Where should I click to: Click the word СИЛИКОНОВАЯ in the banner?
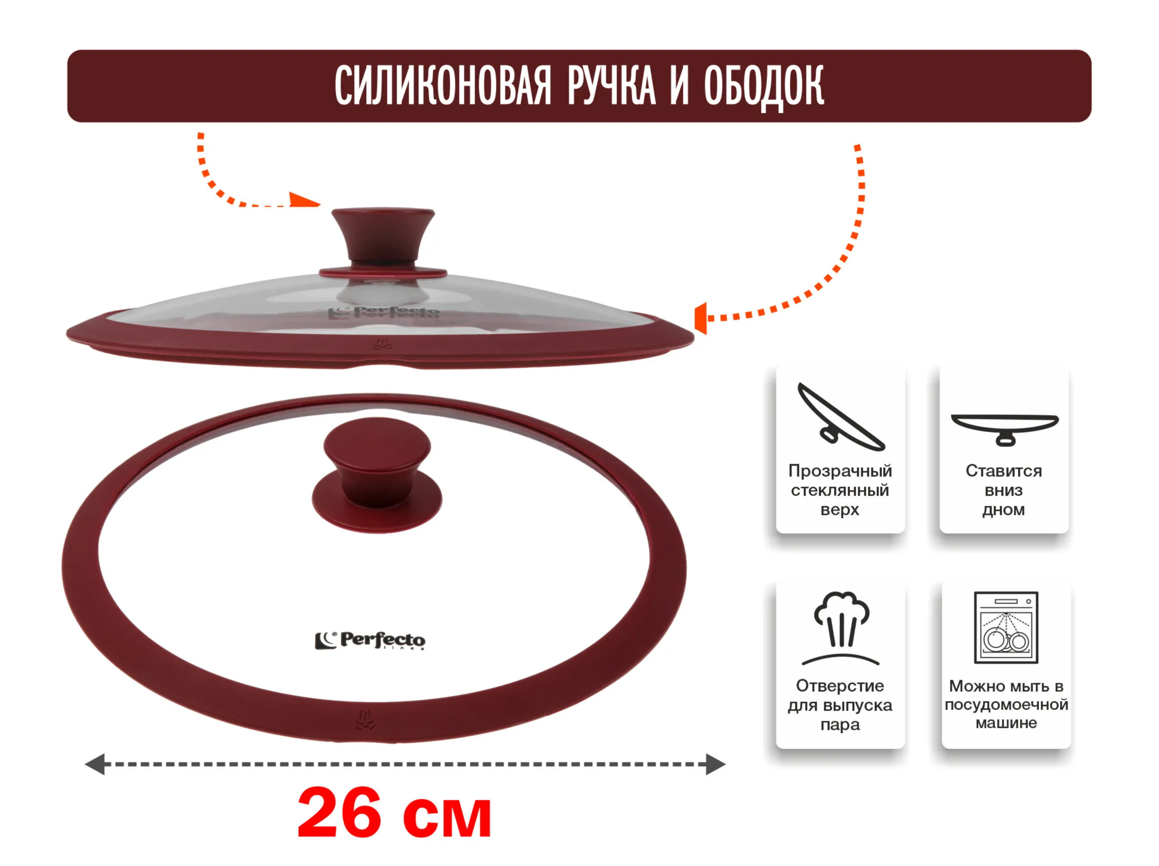point(443,86)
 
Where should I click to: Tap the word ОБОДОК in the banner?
point(764,87)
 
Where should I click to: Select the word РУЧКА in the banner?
point(612,86)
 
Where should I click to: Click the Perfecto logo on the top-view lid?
point(370,640)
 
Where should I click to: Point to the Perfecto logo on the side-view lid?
point(384,313)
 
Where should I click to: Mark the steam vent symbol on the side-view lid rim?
point(383,344)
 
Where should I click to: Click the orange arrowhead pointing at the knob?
point(305,200)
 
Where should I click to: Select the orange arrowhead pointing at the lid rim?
point(700,318)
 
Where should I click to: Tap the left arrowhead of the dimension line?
point(95,764)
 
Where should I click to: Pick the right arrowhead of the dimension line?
point(716,764)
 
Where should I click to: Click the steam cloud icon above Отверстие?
point(841,628)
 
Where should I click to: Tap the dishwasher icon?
point(1006,628)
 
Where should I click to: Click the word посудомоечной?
point(1006,705)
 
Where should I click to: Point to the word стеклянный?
point(840,490)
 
